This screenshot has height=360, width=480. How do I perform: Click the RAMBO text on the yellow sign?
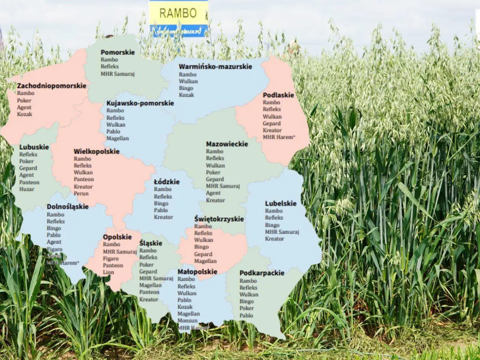click(x=178, y=13)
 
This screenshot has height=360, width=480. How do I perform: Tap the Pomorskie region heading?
click(x=117, y=52)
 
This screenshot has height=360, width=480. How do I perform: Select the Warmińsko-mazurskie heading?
click(x=215, y=66)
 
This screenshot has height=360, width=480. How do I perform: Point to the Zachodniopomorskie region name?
click(x=51, y=85)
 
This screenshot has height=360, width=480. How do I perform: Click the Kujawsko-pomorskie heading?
click(x=140, y=103)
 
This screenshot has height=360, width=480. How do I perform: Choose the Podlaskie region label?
click(x=278, y=95)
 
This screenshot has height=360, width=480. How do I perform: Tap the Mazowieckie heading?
click(x=227, y=144)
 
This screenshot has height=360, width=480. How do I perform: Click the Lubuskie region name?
click(x=34, y=147)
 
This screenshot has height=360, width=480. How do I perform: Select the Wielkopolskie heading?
click(x=96, y=151)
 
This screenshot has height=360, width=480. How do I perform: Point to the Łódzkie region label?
click(x=166, y=182)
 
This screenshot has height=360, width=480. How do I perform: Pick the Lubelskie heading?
click(x=280, y=204)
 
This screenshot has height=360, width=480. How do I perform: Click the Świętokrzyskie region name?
click(x=219, y=219)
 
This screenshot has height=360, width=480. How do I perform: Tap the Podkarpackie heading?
click(x=262, y=273)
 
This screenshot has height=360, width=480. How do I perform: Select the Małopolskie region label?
click(x=197, y=271)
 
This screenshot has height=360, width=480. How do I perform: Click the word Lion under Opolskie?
click(x=108, y=272)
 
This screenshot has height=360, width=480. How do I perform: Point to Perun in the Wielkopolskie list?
click(x=81, y=193)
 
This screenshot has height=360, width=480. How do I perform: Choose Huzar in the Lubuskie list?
click(x=27, y=189)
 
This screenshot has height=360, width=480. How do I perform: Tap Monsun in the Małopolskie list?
click(x=187, y=321)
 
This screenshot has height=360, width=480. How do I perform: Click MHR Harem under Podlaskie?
click(x=278, y=137)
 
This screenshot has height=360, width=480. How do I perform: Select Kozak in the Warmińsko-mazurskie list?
click(x=186, y=95)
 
